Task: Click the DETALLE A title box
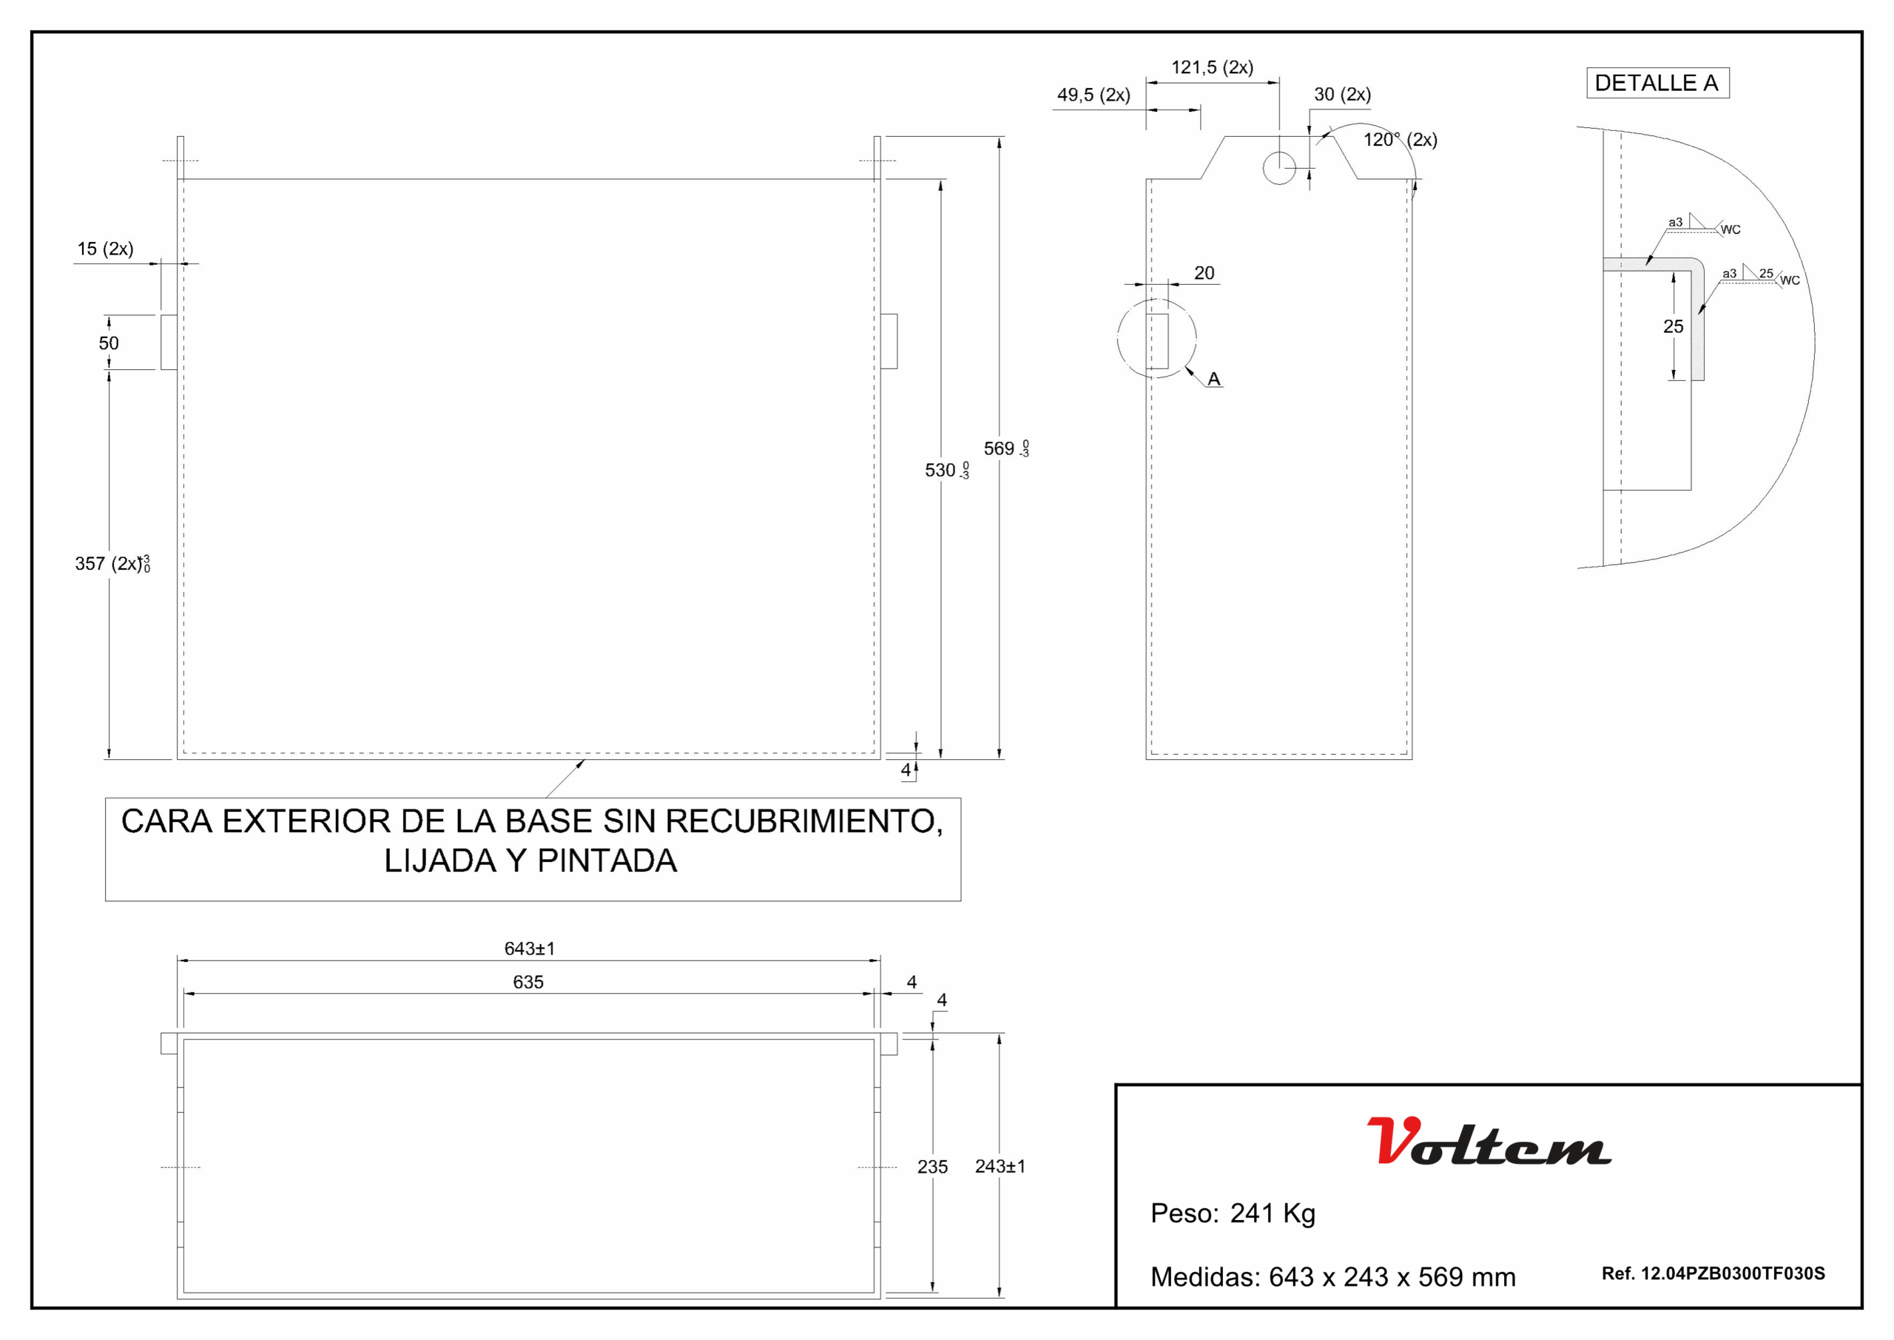1657,84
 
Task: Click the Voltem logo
1489,1141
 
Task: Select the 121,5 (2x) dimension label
1212,67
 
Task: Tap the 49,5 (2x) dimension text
1093,95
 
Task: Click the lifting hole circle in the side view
1279,168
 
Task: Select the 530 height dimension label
947,471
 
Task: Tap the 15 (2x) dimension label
106,249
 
